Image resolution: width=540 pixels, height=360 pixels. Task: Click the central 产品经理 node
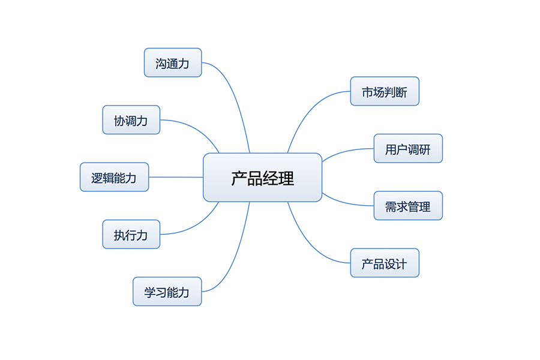click(262, 178)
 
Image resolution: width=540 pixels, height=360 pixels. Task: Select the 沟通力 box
click(173, 63)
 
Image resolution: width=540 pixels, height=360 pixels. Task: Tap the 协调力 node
click(131, 120)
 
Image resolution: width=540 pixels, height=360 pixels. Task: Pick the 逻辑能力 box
click(114, 178)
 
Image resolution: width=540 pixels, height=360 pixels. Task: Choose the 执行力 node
click(131, 235)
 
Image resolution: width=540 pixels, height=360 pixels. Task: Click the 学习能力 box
click(167, 292)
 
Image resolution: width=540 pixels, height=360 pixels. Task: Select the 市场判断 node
click(385, 92)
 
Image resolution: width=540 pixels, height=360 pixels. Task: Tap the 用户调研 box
click(408, 149)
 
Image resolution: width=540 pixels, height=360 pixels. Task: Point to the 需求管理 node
click(408, 206)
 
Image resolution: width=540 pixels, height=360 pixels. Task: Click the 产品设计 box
click(385, 263)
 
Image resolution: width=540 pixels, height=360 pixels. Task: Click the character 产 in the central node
click(239, 178)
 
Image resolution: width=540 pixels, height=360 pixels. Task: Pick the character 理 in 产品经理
click(286, 178)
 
